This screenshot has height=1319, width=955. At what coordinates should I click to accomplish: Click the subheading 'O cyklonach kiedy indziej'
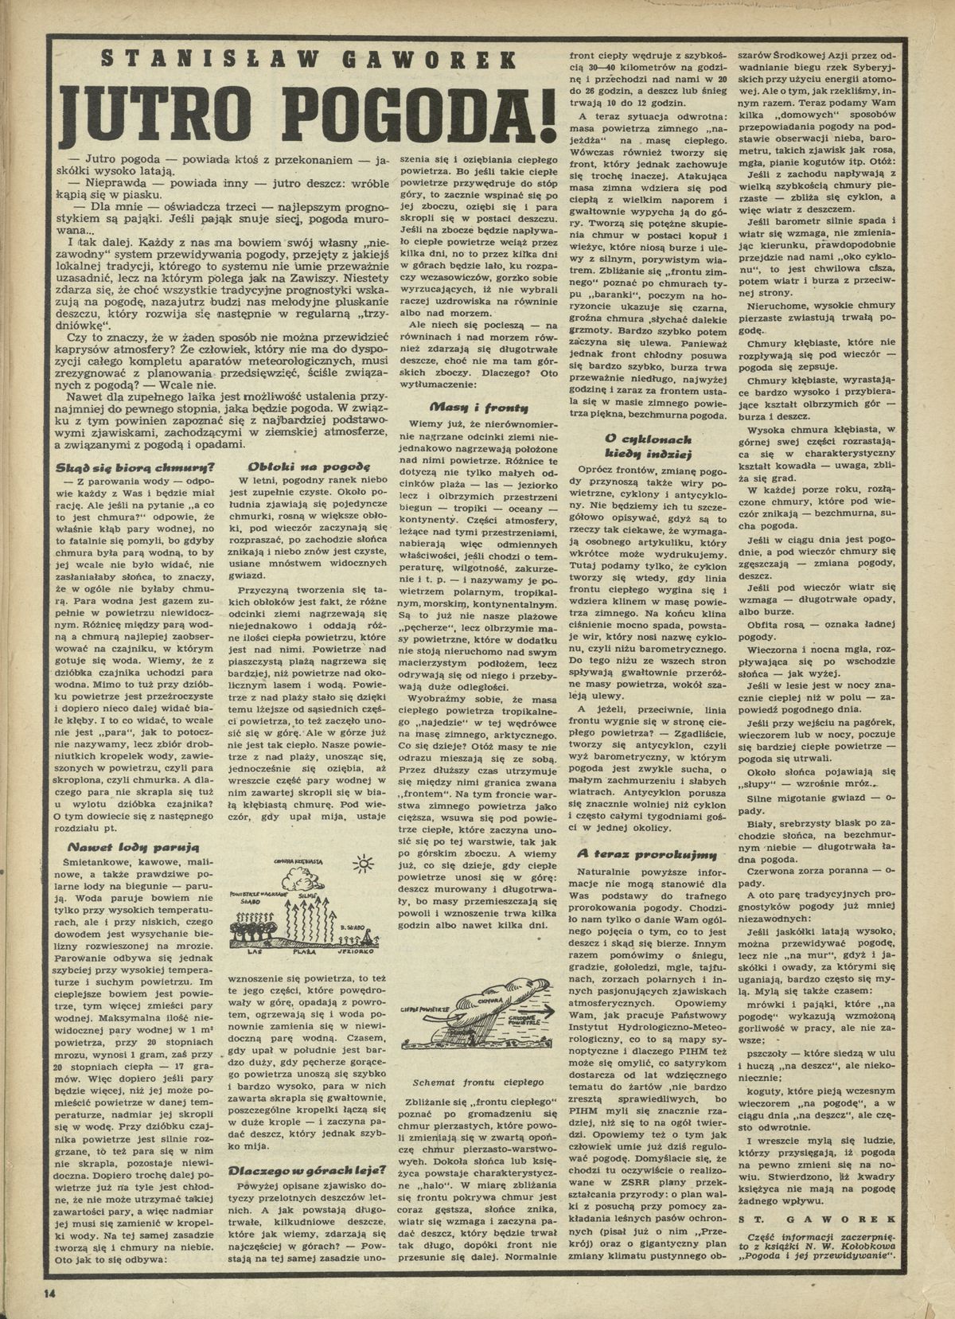click(648, 446)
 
